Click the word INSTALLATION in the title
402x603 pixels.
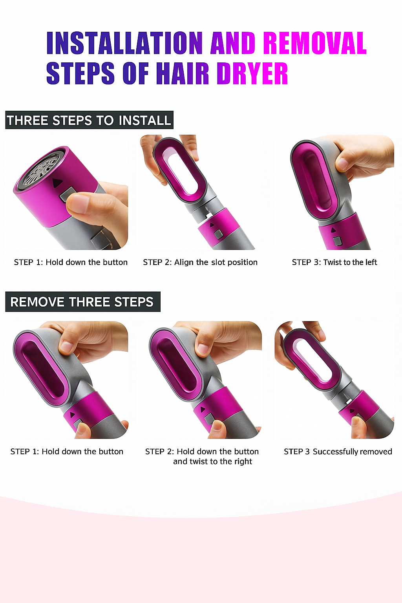tap(124, 43)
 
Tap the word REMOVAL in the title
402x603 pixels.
tap(314, 43)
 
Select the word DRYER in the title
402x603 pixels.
tap(252, 73)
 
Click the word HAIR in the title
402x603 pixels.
tap(183, 73)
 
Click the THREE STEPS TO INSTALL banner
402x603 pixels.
tap(89, 120)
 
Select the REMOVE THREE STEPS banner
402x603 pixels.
tap(82, 302)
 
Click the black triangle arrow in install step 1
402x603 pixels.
tap(58, 183)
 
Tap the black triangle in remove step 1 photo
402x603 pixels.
tap(72, 415)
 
